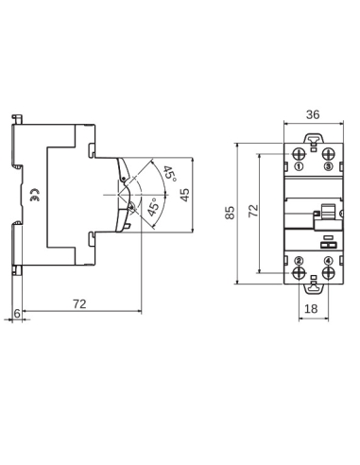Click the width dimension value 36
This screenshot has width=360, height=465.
point(313,114)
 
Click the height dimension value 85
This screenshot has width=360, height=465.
point(231,214)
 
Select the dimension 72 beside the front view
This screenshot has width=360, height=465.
point(253,210)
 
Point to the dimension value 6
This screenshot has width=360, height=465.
point(17,313)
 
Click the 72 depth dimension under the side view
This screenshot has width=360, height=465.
point(80,304)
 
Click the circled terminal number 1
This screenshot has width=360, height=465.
point(299,167)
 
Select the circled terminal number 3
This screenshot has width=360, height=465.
point(327,167)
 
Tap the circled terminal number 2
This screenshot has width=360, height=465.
point(299,259)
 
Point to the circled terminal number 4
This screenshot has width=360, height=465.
point(327,259)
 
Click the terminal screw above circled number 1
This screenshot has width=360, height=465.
point(299,154)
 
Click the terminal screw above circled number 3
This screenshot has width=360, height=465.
point(327,154)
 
